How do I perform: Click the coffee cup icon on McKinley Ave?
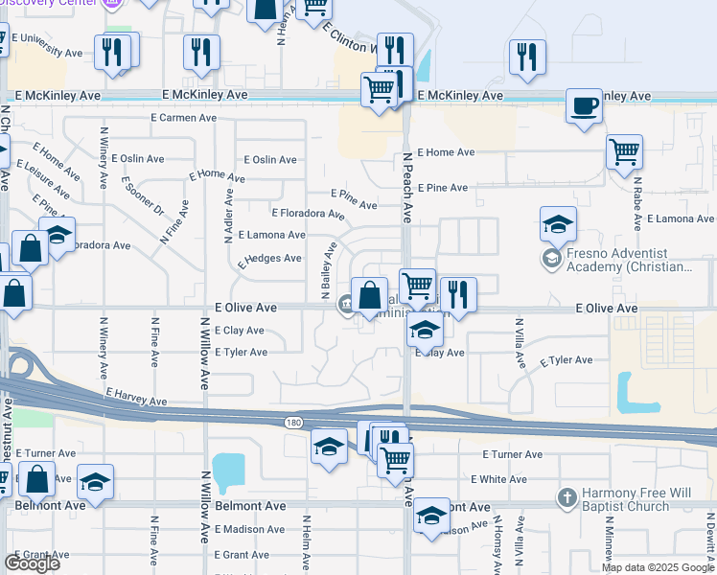[583, 105]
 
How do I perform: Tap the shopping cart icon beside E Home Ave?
[624, 150]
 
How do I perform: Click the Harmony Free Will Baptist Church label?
[636, 499]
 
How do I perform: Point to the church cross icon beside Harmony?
[567, 498]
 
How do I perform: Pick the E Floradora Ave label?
[302, 213]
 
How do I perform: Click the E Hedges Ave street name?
[270, 259]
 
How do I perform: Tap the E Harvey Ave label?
[137, 397]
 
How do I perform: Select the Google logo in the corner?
[32, 563]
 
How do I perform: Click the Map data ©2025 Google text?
[658, 567]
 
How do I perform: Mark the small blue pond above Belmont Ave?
[229, 472]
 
